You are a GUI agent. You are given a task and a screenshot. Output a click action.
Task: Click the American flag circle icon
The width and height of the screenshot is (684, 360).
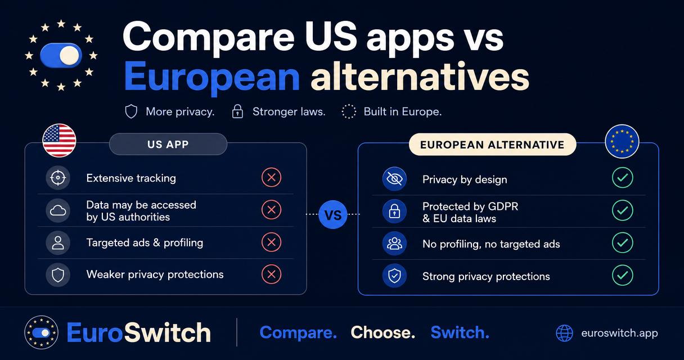[x=59, y=141]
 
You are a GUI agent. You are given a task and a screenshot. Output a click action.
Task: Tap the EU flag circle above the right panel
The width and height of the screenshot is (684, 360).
[x=622, y=141]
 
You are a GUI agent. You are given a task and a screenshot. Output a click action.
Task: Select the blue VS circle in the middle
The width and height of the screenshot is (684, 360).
[x=333, y=215]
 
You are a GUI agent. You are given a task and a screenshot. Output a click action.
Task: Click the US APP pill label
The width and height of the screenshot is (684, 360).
[x=168, y=144]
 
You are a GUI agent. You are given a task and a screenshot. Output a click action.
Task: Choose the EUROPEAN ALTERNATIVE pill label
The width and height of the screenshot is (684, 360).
[x=492, y=145]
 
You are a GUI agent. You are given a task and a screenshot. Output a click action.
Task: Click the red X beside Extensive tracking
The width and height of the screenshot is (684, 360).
[x=271, y=177]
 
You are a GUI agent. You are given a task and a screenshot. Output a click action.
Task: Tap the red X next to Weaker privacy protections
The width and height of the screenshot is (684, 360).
[x=271, y=274]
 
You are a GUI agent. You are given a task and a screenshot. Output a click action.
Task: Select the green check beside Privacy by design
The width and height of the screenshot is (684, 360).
[x=622, y=178]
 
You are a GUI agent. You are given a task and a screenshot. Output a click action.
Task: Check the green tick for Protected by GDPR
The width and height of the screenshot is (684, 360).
[x=622, y=210]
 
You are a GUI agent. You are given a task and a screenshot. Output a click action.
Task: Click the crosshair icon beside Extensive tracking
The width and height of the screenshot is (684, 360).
[x=58, y=178]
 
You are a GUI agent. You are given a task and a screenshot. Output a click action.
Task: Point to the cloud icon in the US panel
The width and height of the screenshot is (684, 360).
[x=58, y=210]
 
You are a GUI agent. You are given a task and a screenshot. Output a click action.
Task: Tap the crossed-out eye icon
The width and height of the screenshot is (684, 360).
[x=394, y=179]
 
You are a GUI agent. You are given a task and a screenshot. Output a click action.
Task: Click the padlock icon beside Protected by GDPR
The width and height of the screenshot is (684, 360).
[x=394, y=211]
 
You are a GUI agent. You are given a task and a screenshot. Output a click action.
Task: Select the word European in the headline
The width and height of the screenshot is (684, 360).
[x=211, y=78]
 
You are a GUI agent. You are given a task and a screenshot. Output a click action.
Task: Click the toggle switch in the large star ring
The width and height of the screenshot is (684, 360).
[x=61, y=56]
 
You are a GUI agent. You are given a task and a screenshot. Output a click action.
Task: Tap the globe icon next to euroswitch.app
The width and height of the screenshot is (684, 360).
[x=564, y=333]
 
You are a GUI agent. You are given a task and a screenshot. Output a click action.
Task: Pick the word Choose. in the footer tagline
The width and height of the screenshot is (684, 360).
[x=383, y=332]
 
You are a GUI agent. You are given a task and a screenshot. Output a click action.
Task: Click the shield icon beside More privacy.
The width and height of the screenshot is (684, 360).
[x=131, y=112]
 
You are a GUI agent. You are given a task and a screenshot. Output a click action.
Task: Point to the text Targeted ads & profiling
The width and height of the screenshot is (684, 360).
[x=145, y=243]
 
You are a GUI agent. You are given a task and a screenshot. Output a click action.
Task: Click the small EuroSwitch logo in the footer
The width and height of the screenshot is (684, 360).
[x=41, y=332]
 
